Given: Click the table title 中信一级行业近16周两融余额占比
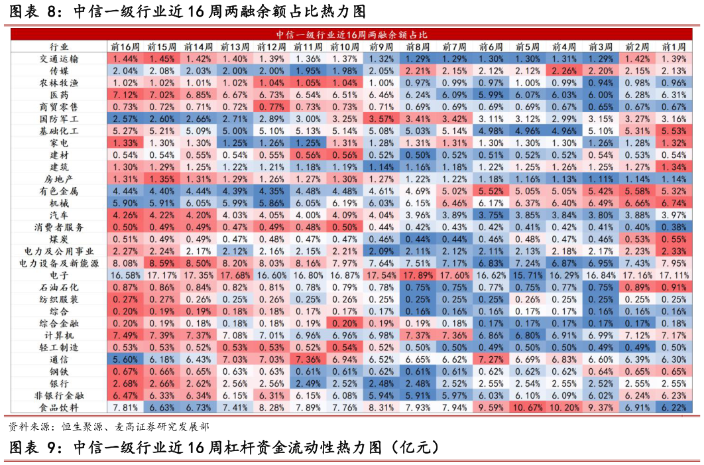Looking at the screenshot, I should click(x=351, y=34).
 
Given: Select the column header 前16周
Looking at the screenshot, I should click(x=125, y=46).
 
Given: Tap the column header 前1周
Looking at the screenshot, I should click(x=674, y=46).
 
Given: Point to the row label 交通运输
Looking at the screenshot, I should click(x=59, y=58).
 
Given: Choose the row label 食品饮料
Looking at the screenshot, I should click(x=59, y=407).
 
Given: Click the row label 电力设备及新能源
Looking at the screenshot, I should click(x=59, y=263).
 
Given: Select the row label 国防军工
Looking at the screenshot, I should click(x=59, y=119).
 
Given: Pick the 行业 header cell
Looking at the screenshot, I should click(x=59, y=46).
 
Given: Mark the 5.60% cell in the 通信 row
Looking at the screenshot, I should click(x=125, y=359).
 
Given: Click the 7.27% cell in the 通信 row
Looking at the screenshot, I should click(x=491, y=359).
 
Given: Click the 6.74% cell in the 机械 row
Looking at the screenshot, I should click(x=674, y=203).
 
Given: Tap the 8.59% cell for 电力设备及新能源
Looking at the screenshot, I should click(x=162, y=263).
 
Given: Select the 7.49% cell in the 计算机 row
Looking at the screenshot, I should click(x=125, y=335).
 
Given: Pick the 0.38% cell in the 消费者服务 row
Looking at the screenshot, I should click(x=674, y=227).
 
